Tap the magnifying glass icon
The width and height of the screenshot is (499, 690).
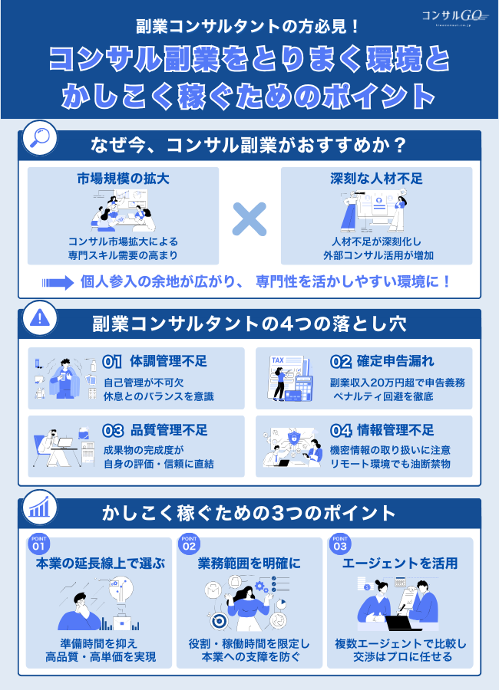pos(37,139)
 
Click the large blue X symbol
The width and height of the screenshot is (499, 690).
pos(249,219)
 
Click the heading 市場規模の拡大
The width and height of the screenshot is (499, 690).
pos(123,179)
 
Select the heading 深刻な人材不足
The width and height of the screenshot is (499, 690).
pos(376,179)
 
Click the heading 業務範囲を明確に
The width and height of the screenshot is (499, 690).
pos(249,563)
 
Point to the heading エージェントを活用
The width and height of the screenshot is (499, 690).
pos(401,563)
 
